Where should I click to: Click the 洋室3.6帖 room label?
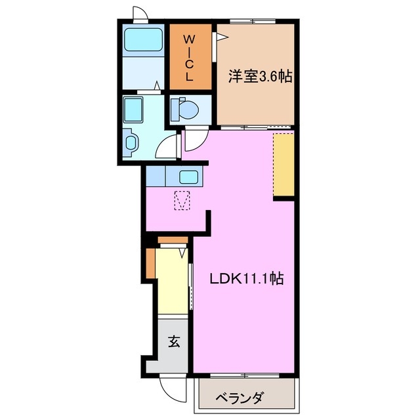(x=260, y=77)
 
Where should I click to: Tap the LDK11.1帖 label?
(x=246, y=279)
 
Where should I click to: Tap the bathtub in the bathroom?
(x=143, y=41)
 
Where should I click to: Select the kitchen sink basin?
(x=190, y=177)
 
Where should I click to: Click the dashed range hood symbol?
(x=182, y=199)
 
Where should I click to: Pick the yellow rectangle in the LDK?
(x=283, y=164)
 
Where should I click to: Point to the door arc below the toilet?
(x=194, y=138)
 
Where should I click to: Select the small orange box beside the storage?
(x=150, y=262)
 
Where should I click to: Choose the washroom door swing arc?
(x=167, y=146)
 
